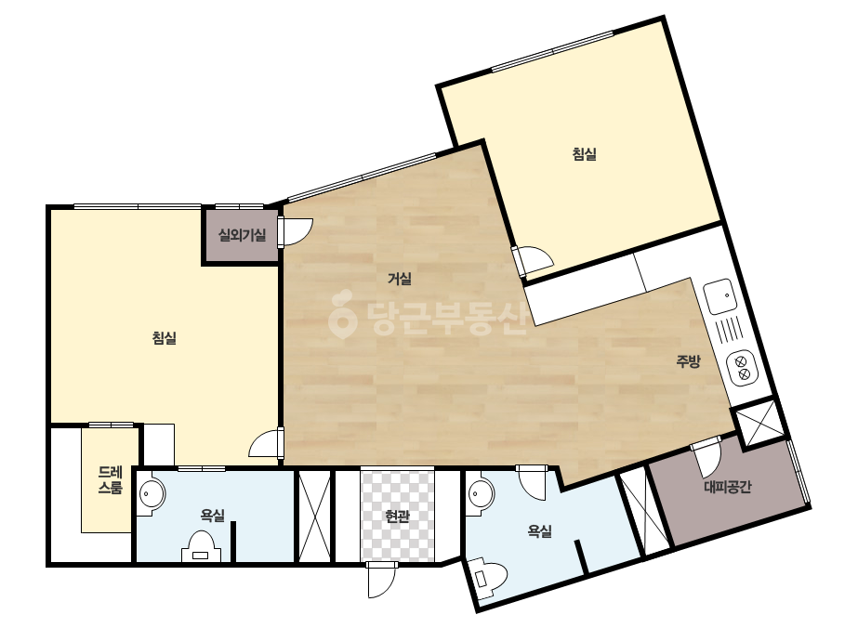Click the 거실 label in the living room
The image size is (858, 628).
[x=400, y=279]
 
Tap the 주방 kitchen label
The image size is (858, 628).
[x=689, y=361]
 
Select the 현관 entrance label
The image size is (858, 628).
[x=397, y=516]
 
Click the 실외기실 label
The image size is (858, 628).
[x=243, y=235]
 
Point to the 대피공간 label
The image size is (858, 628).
[x=728, y=486]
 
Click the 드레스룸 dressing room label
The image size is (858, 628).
[x=111, y=479]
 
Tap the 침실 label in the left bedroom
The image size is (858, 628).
[x=165, y=338]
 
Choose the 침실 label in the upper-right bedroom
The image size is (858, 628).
[x=585, y=154]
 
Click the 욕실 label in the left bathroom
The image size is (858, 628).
[x=212, y=515]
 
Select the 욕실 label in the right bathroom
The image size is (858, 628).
[x=539, y=530]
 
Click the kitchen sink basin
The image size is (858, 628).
[x=719, y=296]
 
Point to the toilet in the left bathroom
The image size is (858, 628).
[x=202, y=547]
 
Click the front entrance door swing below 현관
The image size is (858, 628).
[x=381, y=580]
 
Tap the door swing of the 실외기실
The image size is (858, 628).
[x=296, y=232]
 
